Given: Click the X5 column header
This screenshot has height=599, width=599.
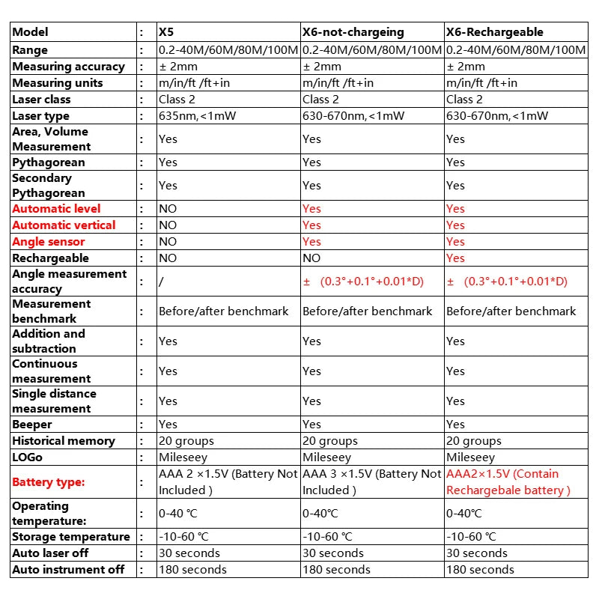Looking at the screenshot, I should click(x=165, y=32).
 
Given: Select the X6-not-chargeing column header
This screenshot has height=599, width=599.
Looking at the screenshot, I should click(x=353, y=32).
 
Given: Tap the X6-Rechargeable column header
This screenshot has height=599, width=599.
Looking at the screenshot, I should click(x=494, y=32).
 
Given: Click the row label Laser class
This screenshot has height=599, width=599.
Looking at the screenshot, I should click(x=42, y=99).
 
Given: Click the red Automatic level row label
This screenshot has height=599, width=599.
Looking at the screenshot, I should click(x=56, y=208).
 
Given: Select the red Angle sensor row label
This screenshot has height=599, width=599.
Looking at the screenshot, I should click(x=49, y=241).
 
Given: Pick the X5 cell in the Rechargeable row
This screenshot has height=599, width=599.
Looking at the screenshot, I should click(x=168, y=258).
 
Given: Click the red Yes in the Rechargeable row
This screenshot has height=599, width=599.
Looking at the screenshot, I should click(x=455, y=258).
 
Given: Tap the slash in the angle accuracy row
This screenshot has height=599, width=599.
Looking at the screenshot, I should click(x=161, y=282).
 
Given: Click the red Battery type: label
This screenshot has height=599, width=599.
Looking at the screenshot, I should click(x=48, y=482).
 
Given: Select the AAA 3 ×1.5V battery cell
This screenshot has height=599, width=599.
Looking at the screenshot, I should click(x=371, y=481).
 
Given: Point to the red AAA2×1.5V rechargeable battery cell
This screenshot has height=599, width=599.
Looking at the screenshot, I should click(x=508, y=481).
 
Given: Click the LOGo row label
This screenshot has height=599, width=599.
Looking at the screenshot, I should click(x=28, y=457).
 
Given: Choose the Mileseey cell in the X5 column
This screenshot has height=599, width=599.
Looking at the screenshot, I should click(x=183, y=457).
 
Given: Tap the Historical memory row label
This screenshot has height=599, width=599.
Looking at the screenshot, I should click(x=64, y=440).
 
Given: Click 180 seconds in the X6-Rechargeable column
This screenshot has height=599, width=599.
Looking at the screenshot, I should click(x=480, y=569).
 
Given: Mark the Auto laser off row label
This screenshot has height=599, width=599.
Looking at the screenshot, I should click(x=50, y=553).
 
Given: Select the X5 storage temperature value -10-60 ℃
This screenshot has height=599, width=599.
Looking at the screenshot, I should click(x=183, y=536).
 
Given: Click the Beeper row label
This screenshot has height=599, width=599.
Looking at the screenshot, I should click(x=32, y=424).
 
